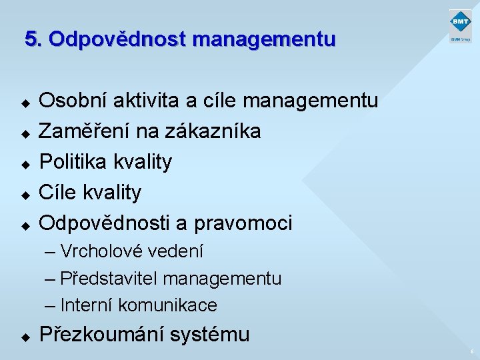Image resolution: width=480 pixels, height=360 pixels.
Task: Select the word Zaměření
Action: click(85, 131)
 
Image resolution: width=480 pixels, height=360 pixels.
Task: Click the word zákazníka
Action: click(217, 131)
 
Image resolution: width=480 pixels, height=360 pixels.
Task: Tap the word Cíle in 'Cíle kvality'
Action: click(58, 193)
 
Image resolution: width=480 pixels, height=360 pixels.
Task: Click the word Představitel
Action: click(109, 279)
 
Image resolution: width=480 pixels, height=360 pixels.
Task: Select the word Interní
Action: click(87, 305)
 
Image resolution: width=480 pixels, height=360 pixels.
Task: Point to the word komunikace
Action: click(167, 305)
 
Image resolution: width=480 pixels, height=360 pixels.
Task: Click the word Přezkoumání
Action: click(101, 334)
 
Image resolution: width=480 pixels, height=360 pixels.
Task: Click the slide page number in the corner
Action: click(471, 351)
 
